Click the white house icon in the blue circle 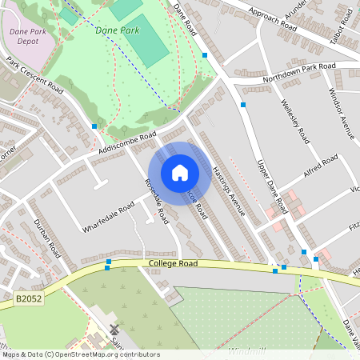[180, 172]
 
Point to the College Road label [173, 263]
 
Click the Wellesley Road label [295, 121]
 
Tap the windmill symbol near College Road [114, 329]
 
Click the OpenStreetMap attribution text [80, 354]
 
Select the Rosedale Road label [156, 200]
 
